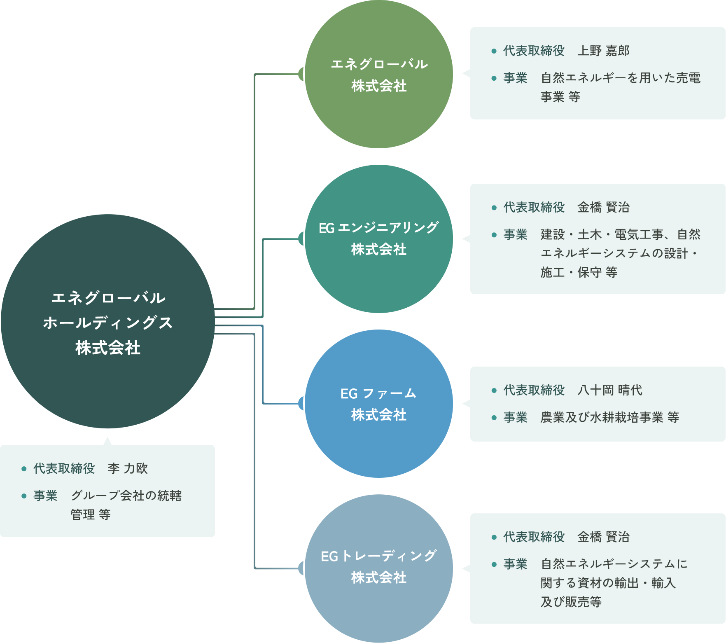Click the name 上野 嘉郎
tap(603, 51)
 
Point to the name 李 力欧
tap(128, 469)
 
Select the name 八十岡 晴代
tap(609, 390)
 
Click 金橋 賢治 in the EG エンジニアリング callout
tap(603, 208)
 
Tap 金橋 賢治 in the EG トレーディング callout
tap(603, 537)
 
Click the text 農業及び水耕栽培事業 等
tap(609, 418)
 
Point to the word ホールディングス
tap(108, 323)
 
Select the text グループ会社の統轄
tap(126, 496)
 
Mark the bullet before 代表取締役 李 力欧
tap(24, 469)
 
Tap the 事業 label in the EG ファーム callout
tap(515, 418)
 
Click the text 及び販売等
tap(571, 602)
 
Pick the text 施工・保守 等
tap(579, 273)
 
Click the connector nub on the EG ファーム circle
tap(301, 404)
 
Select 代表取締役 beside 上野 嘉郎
tap(534, 51)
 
